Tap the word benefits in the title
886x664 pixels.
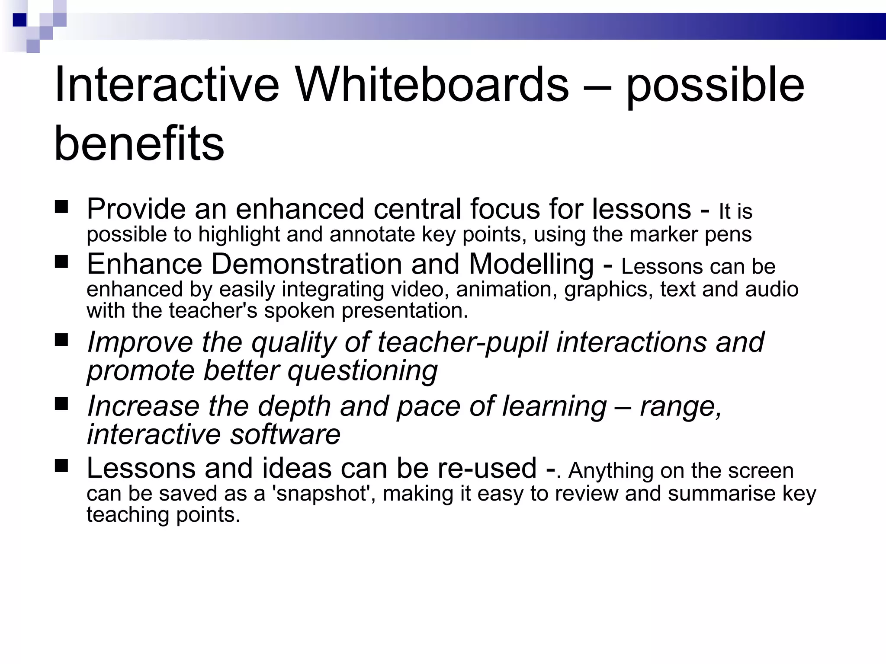pyautogui.click(x=139, y=143)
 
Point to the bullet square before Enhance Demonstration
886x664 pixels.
pyautogui.click(x=62, y=262)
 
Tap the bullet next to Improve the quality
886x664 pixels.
pyautogui.click(x=62, y=340)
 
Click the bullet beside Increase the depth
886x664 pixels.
pyautogui.click(x=62, y=404)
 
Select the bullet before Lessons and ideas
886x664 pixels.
pyautogui.click(x=62, y=466)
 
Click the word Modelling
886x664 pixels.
pyautogui.click(x=531, y=264)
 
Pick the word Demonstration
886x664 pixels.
pyautogui.click(x=306, y=264)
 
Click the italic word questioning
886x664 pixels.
pyautogui.click(x=363, y=371)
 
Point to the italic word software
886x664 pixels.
pyautogui.click(x=285, y=434)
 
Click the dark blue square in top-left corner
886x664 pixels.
pyautogui.click(x=19, y=20)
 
